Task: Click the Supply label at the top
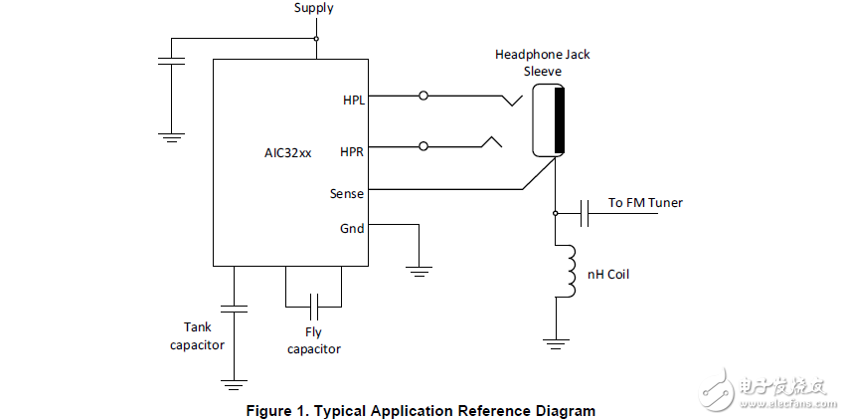(x=313, y=8)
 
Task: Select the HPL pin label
(x=353, y=101)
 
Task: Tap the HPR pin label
(x=352, y=151)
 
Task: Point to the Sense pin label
(x=347, y=194)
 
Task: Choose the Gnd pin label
(x=352, y=228)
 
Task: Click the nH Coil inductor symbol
(x=570, y=272)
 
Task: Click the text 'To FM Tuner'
(x=645, y=203)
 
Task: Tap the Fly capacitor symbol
(x=314, y=301)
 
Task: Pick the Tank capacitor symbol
(x=234, y=309)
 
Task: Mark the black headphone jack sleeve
(x=559, y=120)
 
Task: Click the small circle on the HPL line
(x=424, y=97)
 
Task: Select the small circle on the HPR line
(x=424, y=146)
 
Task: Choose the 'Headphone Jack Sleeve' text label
(x=542, y=62)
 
